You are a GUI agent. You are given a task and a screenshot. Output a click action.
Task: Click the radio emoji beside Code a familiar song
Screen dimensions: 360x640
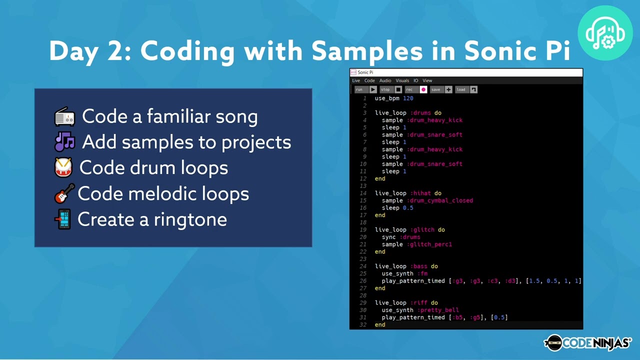[64, 117]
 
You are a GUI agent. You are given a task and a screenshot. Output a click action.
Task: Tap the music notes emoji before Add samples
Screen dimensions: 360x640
[64, 142]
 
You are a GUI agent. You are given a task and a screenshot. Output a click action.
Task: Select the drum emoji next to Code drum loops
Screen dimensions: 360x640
[63, 167]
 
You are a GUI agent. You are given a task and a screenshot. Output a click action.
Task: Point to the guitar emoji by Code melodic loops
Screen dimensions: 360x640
[64, 193]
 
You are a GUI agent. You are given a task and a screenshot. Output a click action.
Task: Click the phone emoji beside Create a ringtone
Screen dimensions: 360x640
[64, 219]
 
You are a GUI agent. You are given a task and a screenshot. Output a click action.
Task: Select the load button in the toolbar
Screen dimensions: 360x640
[466, 89]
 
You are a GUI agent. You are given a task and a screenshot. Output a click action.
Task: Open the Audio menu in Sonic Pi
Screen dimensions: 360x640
[385, 80]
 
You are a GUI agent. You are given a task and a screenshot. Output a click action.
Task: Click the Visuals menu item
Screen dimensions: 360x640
[402, 80]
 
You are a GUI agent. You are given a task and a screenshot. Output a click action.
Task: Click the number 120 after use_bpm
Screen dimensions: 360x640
[408, 98]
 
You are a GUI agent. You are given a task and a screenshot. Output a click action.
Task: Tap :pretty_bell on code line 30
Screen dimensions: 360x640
[438, 310]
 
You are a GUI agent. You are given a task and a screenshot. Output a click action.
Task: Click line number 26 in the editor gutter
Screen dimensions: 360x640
[363, 281]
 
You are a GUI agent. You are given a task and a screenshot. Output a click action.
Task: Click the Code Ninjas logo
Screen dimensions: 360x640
[587, 342]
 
